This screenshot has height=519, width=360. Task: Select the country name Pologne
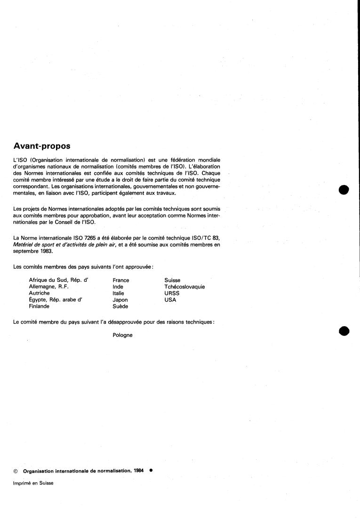coord(122,335)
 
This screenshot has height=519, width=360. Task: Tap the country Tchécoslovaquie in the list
coord(184,287)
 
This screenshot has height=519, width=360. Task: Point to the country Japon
coord(120,300)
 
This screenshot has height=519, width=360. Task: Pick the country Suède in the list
coord(120,306)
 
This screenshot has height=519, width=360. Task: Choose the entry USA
coord(170,300)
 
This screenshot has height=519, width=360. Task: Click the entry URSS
coord(172,293)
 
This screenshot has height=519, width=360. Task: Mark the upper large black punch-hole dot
coord(345,190)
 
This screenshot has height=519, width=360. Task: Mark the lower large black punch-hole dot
coord(345,331)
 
